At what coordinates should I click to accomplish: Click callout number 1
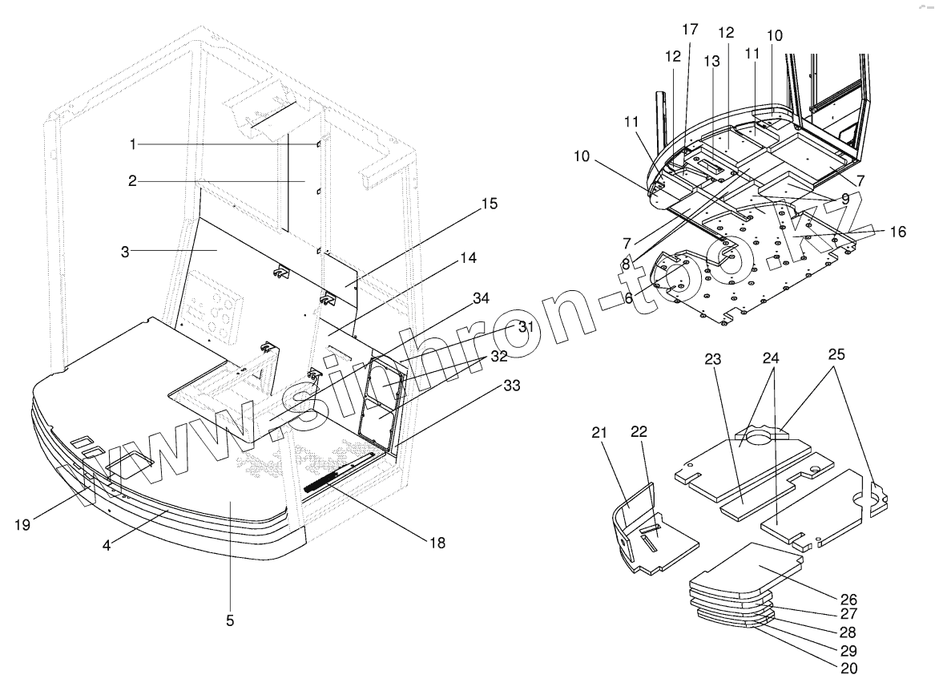point(134,143)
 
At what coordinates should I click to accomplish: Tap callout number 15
point(487,204)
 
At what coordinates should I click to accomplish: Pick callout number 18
point(437,543)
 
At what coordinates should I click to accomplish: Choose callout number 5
point(231,620)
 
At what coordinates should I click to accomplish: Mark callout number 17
point(690,30)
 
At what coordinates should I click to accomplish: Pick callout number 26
point(848,599)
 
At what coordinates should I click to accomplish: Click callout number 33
point(510,386)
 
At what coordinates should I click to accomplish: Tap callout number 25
point(836,354)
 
